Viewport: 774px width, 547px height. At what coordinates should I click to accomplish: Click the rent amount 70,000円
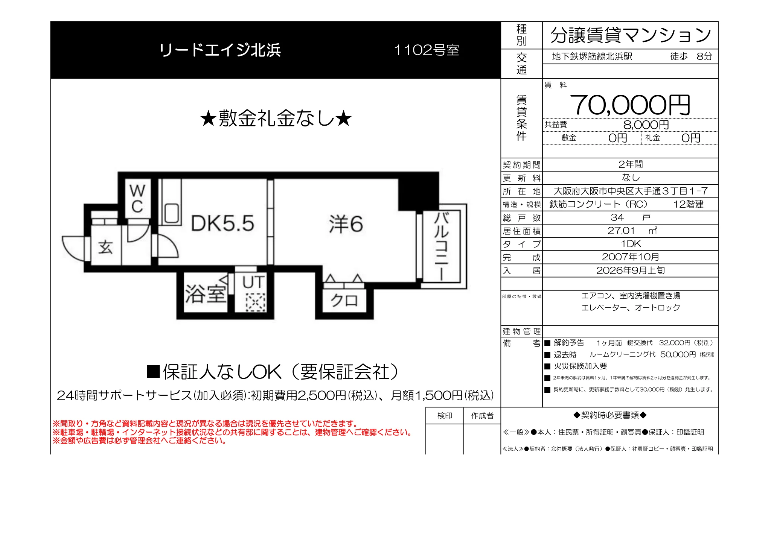coord(630,105)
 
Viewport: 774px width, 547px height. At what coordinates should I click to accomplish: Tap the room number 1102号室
coord(427,50)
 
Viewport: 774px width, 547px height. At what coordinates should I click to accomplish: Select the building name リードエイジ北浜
coord(220,50)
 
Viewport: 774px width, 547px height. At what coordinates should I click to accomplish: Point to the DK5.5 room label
coord(222,223)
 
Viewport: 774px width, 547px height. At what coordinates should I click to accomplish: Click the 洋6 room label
coord(346,224)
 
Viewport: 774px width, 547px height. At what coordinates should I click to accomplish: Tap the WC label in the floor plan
coord(137,198)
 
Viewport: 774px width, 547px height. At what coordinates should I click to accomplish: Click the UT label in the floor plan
coord(253,282)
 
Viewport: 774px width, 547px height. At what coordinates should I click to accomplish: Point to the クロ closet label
coord(344,300)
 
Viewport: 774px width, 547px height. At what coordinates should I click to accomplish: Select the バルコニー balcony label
coord(441,246)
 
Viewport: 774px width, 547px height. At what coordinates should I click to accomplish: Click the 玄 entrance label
coord(105,247)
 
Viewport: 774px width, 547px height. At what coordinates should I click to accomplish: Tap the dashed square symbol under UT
coord(256,302)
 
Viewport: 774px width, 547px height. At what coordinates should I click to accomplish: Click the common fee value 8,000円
coord(646,125)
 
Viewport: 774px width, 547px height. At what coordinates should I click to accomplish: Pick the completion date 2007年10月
coord(631,257)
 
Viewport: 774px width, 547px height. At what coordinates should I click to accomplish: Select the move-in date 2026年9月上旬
coord(631,270)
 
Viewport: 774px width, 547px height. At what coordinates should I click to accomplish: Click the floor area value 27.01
coord(621,231)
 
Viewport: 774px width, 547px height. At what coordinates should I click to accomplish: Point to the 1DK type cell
coord(631,244)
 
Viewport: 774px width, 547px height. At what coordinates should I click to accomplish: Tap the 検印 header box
coord(445,416)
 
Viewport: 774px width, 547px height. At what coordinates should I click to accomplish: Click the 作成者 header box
coord(482,416)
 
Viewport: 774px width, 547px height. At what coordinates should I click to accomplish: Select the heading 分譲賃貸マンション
coord(631,35)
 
